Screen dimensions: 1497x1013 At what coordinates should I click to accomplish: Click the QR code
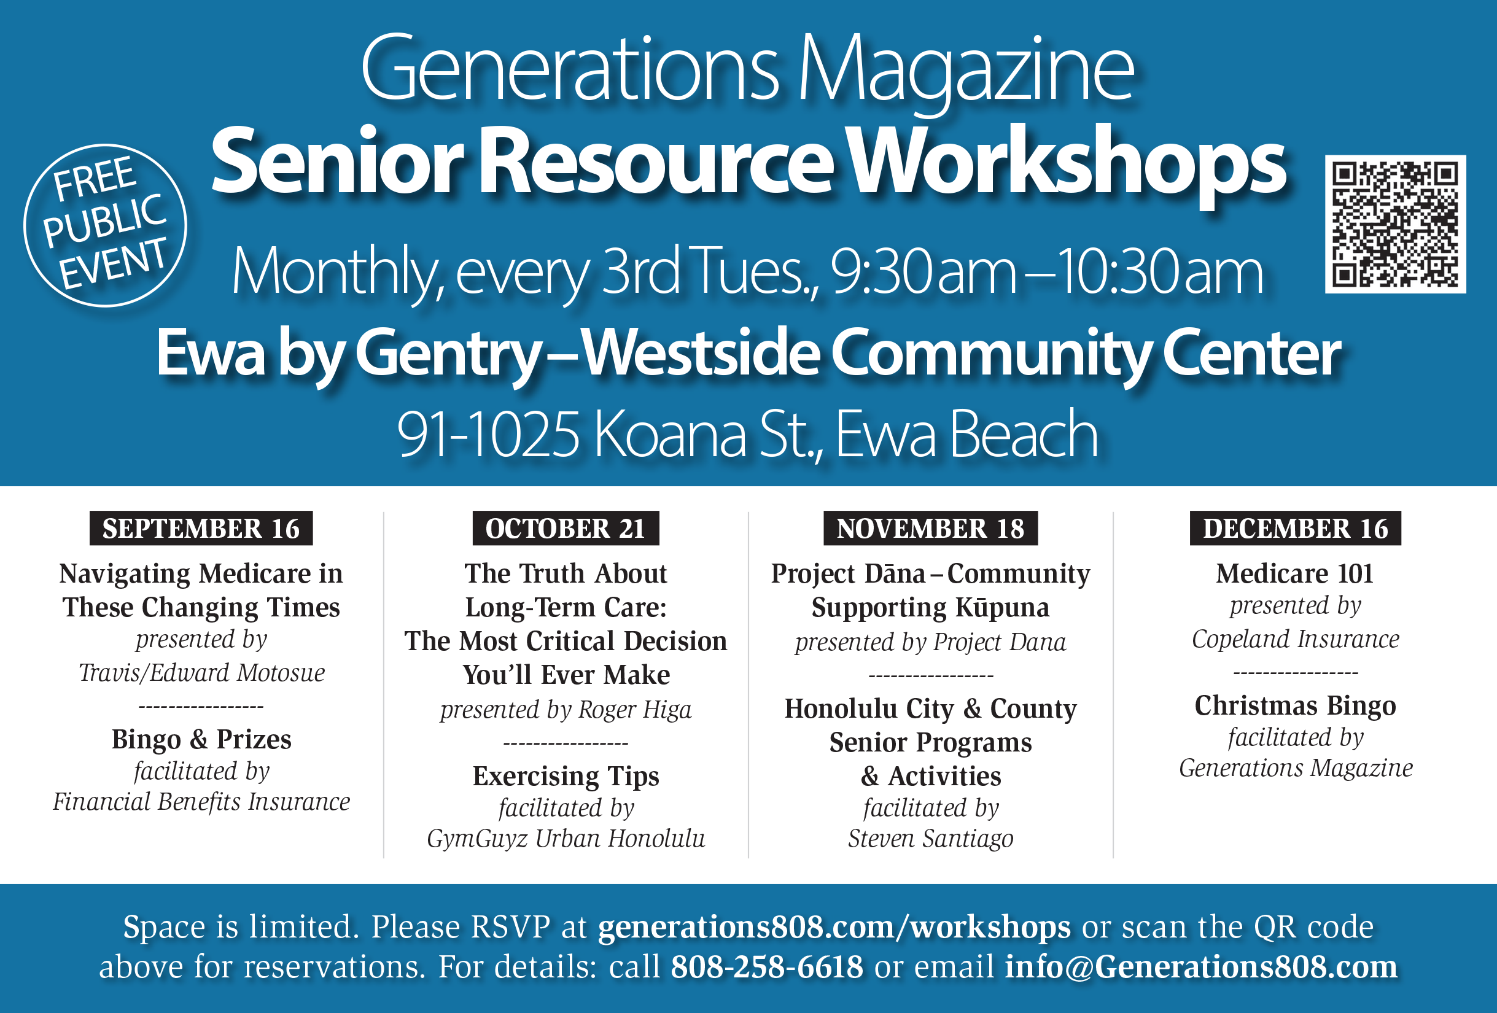1395,224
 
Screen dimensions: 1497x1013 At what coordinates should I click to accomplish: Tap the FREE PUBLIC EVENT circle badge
106,225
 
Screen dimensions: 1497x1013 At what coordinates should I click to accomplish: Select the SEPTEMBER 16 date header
201,528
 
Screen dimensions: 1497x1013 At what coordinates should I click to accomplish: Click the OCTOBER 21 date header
566,528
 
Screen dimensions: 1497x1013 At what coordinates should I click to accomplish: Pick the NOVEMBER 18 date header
930,528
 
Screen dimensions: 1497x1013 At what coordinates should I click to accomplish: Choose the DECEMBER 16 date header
1296,528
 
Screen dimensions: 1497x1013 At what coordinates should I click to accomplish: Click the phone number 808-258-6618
766,966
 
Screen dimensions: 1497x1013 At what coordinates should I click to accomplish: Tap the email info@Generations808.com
1201,966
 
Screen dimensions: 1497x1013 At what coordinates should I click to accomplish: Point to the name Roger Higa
635,710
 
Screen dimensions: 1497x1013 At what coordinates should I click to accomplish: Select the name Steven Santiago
930,839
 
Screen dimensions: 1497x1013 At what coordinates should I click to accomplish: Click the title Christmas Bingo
1296,706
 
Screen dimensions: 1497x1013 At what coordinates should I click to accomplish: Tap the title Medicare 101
1295,573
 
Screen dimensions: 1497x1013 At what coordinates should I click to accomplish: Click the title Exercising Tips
566,777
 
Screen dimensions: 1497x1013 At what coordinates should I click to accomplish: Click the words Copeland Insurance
1296,639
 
